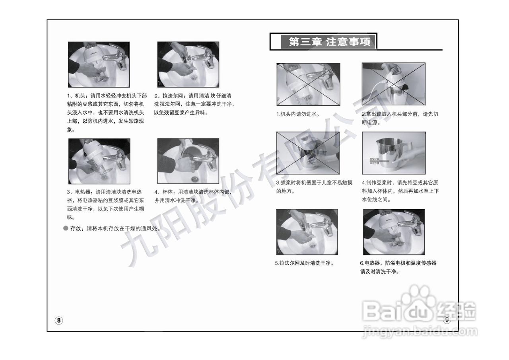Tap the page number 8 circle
coord(59,320)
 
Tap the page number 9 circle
coord(447,319)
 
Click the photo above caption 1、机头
coord(99,64)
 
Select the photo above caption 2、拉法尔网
coord(188,64)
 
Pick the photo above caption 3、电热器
coord(99,161)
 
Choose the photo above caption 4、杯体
coord(188,161)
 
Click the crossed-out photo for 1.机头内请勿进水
coord(308,84)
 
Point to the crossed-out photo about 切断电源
coord(393,84)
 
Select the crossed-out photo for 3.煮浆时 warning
coord(308,153)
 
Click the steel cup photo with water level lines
coord(393,153)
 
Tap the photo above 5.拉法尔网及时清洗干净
coord(307,232)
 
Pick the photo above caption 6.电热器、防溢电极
coord(394,232)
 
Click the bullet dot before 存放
coord(66,229)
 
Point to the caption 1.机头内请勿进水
coord(298,114)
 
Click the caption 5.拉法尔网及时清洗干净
coord(304,263)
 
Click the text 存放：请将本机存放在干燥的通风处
coord(115,229)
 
